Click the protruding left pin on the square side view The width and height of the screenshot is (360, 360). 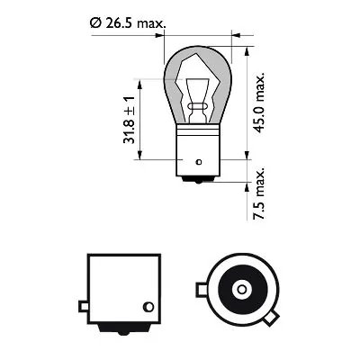click(82, 310)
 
